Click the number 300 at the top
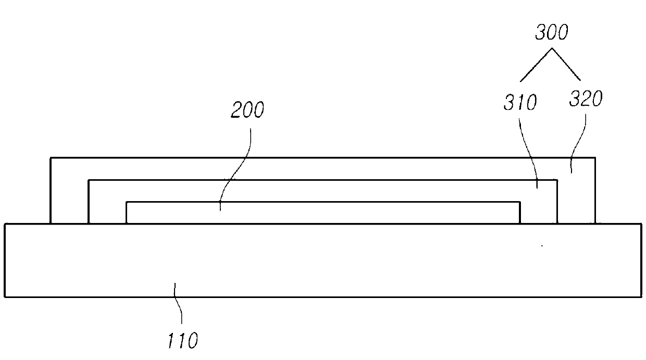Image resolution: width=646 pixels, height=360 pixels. pyautogui.click(x=551, y=34)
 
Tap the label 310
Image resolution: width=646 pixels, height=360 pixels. pyautogui.click(x=519, y=103)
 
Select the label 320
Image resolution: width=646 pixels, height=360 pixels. pyautogui.click(x=586, y=99)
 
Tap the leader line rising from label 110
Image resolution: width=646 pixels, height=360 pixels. pyautogui.click(x=179, y=307)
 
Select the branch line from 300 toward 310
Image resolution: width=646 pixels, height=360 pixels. pyautogui.click(x=536, y=65)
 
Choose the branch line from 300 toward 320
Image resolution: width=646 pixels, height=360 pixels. pyautogui.click(x=567, y=65)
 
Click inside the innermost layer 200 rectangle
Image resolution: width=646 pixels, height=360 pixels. pyautogui.click(x=323, y=213)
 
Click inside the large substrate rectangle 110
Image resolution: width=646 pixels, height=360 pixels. pyautogui.click(x=323, y=260)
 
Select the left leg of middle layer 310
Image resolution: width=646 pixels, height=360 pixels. pyautogui.click(x=107, y=208)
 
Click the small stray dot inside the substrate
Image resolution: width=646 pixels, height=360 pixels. pyautogui.click(x=542, y=245)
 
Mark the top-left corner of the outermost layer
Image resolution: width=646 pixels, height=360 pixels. pyautogui.click(x=51, y=157)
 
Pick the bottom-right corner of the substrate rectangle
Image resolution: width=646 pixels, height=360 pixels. pyautogui.click(x=641, y=297)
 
